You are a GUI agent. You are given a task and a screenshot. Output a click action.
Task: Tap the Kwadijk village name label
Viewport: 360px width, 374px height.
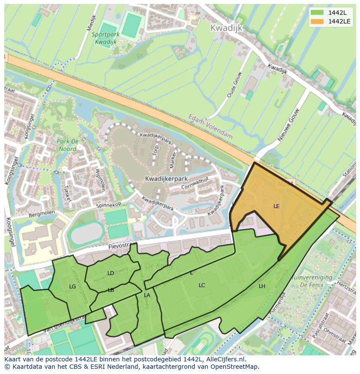point(226,28)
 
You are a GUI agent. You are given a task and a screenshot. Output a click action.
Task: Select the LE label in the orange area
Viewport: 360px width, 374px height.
point(277,206)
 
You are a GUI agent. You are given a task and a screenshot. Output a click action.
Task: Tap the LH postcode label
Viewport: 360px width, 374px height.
point(262,286)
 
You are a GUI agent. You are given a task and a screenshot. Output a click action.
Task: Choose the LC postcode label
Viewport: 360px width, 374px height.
point(202,285)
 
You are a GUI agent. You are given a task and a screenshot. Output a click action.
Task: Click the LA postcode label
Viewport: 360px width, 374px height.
point(147,295)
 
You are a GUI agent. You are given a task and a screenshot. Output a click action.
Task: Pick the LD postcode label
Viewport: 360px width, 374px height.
point(110,273)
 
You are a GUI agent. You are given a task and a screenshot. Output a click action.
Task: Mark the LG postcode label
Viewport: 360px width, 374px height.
point(72,287)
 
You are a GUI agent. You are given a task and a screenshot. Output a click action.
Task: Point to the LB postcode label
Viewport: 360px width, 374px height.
point(110,290)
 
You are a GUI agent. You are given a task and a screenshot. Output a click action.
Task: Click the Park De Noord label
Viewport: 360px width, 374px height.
point(67,145)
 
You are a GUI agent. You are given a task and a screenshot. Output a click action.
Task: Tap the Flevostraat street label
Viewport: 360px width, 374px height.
point(120,247)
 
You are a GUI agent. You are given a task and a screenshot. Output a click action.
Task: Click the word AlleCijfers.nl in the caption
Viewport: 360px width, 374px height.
point(224,359)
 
